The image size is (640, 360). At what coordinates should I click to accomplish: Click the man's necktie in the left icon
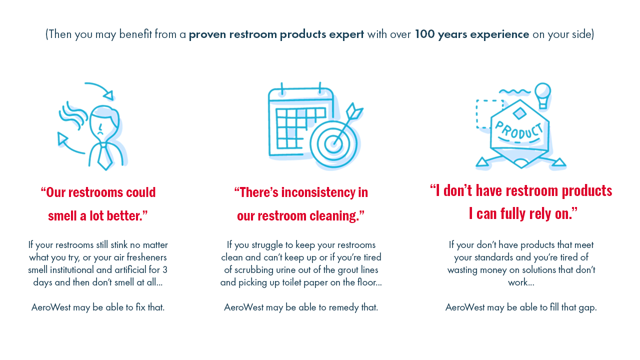[x=104, y=156]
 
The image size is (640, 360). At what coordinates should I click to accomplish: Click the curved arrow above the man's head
[x=100, y=89]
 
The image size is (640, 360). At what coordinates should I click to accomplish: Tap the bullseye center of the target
[x=333, y=143]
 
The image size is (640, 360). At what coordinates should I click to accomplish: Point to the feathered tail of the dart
[x=354, y=111]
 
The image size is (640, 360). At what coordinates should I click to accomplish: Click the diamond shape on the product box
[x=519, y=113]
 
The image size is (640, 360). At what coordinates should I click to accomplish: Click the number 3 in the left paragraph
[x=165, y=269]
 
